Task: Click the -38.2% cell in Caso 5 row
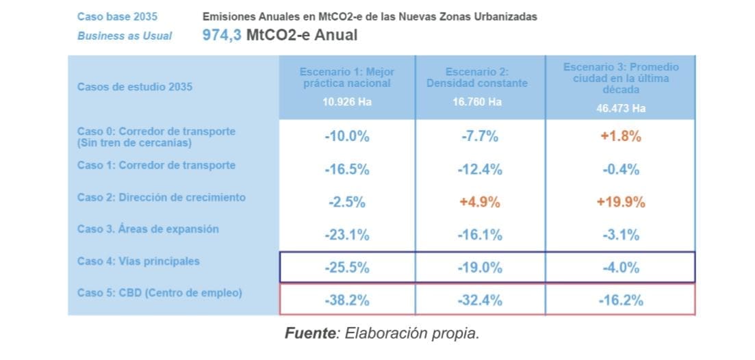click(346, 300)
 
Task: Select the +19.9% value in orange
click(620, 202)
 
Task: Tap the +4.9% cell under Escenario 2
click(480, 202)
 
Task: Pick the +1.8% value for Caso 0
click(620, 136)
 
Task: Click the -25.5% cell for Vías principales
click(346, 268)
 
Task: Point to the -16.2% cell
click(620, 300)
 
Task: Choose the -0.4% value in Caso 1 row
click(620, 169)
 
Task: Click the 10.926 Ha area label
click(346, 102)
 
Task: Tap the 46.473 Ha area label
click(620, 108)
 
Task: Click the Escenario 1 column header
click(346, 77)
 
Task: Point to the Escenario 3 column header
click(620, 78)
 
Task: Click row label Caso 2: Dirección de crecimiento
click(161, 197)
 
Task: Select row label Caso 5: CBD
click(159, 293)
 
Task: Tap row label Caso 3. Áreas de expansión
click(148, 229)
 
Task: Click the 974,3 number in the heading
click(223, 36)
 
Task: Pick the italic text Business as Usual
click(125, 36)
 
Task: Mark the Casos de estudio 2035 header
click(135, 87)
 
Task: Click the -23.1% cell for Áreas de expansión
click(346, 235)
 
